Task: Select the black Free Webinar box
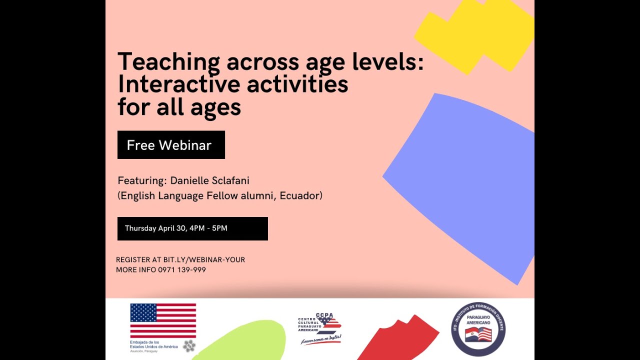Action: [171, 145]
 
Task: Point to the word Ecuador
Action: [299, 195]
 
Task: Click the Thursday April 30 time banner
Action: [192, 228]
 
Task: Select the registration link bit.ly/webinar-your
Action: [204, 260]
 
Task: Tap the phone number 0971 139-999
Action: [182, 270]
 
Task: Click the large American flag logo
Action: [163, 320]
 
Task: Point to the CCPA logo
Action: [320, 328]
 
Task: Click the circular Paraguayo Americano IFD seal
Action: [478, 328]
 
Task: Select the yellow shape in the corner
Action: [475, 35]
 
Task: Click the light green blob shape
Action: [245, 342]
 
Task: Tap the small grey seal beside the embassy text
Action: [189, 345]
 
